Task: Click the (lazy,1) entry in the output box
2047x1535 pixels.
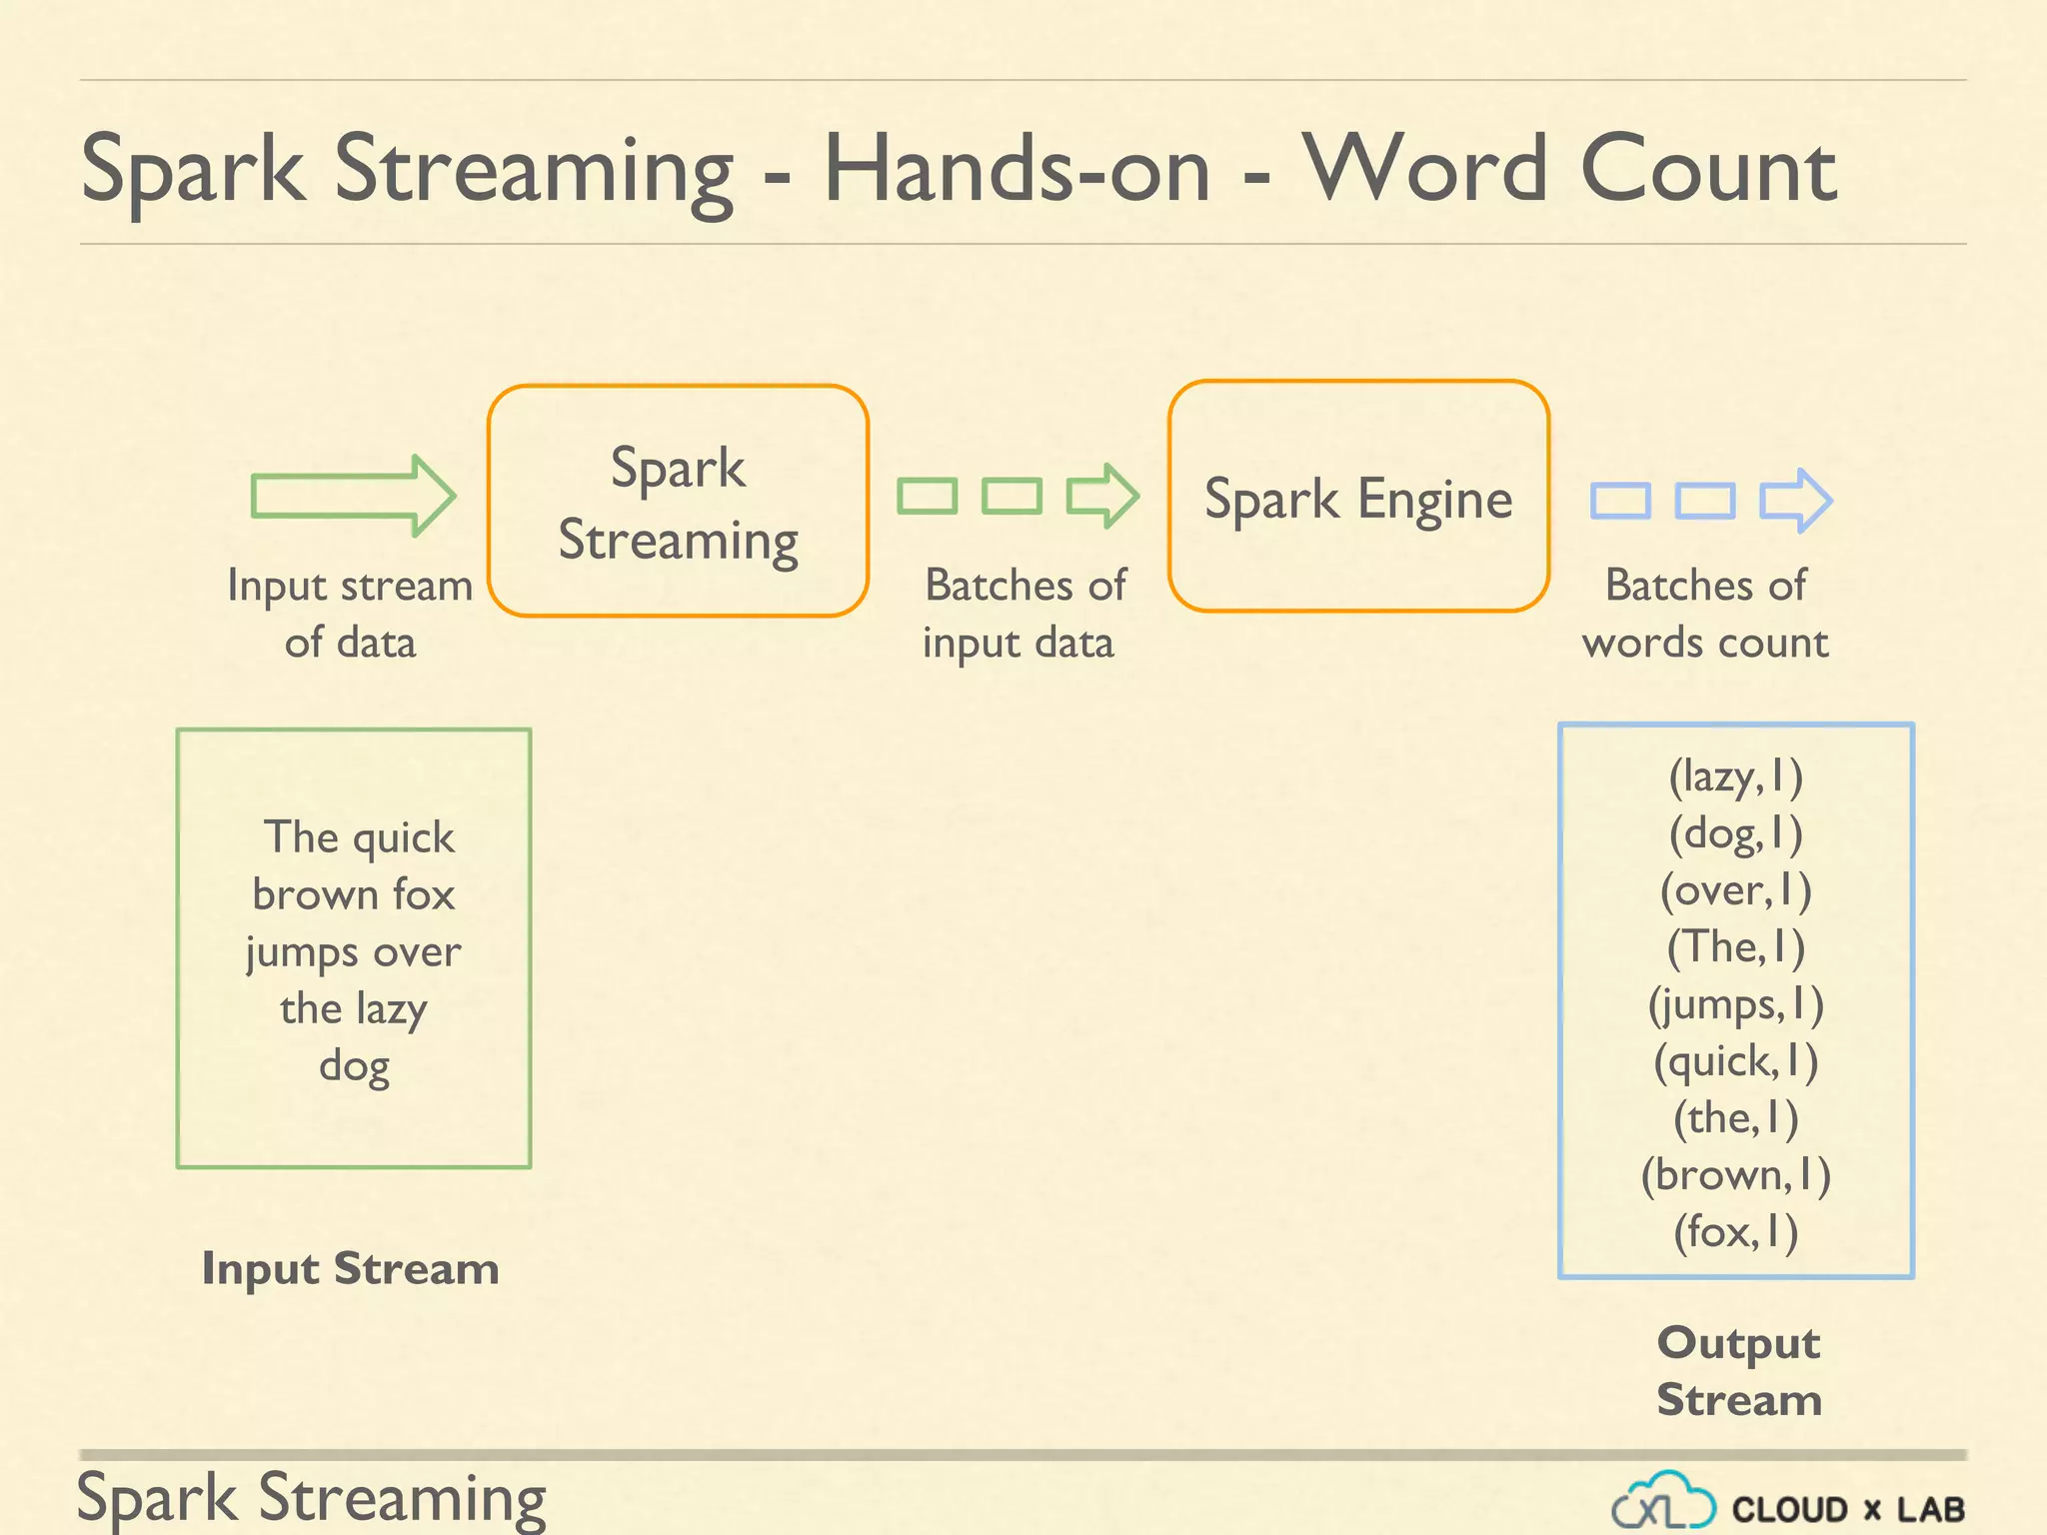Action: coord(1736,776)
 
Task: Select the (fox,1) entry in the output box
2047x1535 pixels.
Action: coord(1736,1231)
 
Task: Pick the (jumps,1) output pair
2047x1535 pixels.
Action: coord(1736,1004)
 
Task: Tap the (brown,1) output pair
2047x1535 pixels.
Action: coord(1736,1175)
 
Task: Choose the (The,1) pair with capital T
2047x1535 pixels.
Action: coord(1736,947)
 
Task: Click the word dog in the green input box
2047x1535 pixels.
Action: coord(354,1066)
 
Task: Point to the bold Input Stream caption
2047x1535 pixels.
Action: coord(351,1269)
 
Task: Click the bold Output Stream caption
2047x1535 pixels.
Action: coord(1739,1371)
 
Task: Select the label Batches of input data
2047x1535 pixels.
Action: coord(1023,614)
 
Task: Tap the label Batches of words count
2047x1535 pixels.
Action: coord(1705,614)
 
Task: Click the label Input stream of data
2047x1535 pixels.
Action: coord(350,614)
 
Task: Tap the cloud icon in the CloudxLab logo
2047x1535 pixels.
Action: coord(1663,1501)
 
